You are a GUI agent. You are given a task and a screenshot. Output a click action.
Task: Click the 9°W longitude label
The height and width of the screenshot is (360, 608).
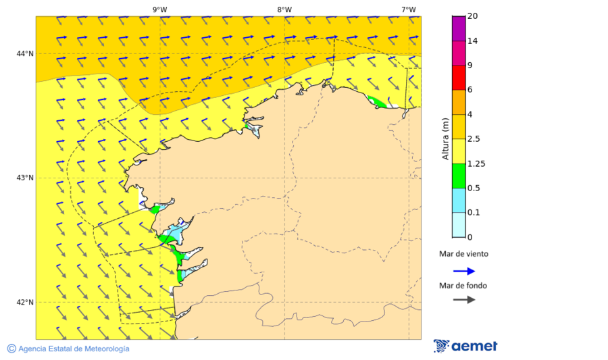[x=159, y=9]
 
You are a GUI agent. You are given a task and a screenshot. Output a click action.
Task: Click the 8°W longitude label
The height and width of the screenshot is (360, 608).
[x=284, y=9]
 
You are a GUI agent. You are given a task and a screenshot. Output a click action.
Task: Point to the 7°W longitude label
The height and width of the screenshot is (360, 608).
[x=408, y=9]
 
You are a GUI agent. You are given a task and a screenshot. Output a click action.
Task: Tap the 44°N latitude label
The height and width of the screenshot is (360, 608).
[x=25, y=53]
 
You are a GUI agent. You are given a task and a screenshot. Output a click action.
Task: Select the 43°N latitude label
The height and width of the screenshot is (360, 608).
[x=25, y=178]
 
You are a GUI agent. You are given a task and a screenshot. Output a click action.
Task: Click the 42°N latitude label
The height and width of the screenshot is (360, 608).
[x=25, y=302]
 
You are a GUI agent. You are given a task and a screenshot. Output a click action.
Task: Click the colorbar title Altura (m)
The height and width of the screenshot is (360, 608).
[x=445, y=139]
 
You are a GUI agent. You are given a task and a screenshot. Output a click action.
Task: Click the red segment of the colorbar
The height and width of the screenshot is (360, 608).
[x=459, y=78]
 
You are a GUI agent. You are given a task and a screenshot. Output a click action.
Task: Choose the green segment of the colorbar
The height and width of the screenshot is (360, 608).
[x=459, y=176]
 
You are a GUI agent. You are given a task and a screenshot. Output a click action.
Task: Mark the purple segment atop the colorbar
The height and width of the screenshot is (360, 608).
[x=459, y=28]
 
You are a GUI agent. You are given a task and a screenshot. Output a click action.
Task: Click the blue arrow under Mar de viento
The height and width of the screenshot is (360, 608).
[x=463, y=271]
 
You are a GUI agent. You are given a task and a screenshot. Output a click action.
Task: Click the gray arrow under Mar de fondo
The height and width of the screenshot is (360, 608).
[x=463, y=300]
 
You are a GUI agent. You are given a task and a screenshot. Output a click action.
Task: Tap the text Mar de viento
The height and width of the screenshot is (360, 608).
[x=463, y=255]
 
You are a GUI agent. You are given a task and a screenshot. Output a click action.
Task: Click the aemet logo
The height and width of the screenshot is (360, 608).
[x=465, y=346]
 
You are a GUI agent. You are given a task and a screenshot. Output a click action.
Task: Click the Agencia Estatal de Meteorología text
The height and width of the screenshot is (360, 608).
[x=74, y=349]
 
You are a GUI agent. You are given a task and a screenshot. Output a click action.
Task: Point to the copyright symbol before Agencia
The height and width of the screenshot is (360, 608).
[x=11, y=349]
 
